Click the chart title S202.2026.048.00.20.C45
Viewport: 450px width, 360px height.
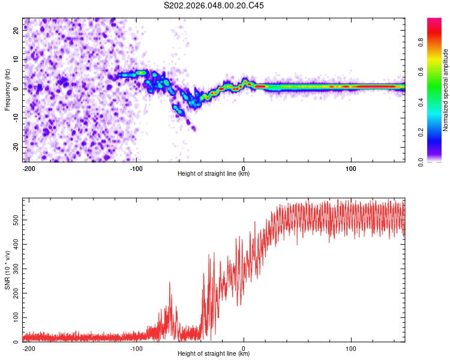coord(214,6)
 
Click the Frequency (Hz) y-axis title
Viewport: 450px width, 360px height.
coord(7,90)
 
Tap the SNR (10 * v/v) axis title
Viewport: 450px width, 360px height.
coord(7,270)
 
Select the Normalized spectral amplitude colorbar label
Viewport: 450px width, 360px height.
coord(446,90)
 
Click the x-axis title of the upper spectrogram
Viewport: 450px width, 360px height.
coord(214,174)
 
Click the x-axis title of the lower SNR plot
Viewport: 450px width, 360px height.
coord(214,354)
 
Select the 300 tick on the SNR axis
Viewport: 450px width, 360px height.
coord(15,269)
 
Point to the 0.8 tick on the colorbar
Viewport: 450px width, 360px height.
coord(438,43)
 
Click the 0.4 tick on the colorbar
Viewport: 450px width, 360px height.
coord(438,102)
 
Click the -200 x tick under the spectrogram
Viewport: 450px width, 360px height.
coord(29,168)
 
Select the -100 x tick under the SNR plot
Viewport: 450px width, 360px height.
coord(136,348)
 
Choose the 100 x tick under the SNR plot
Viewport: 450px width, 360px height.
coord(350,348)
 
